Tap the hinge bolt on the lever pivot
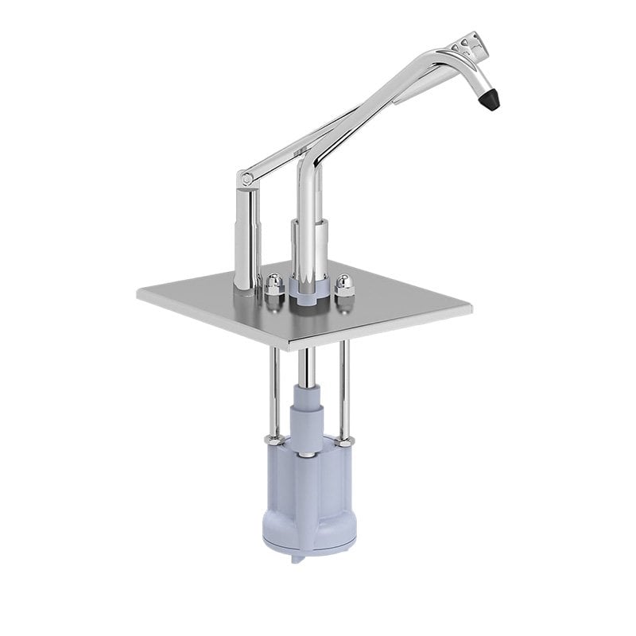point(247,180)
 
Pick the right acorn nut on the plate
point(345,285)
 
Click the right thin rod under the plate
point(343,390)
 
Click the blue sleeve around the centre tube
point(306,409)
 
